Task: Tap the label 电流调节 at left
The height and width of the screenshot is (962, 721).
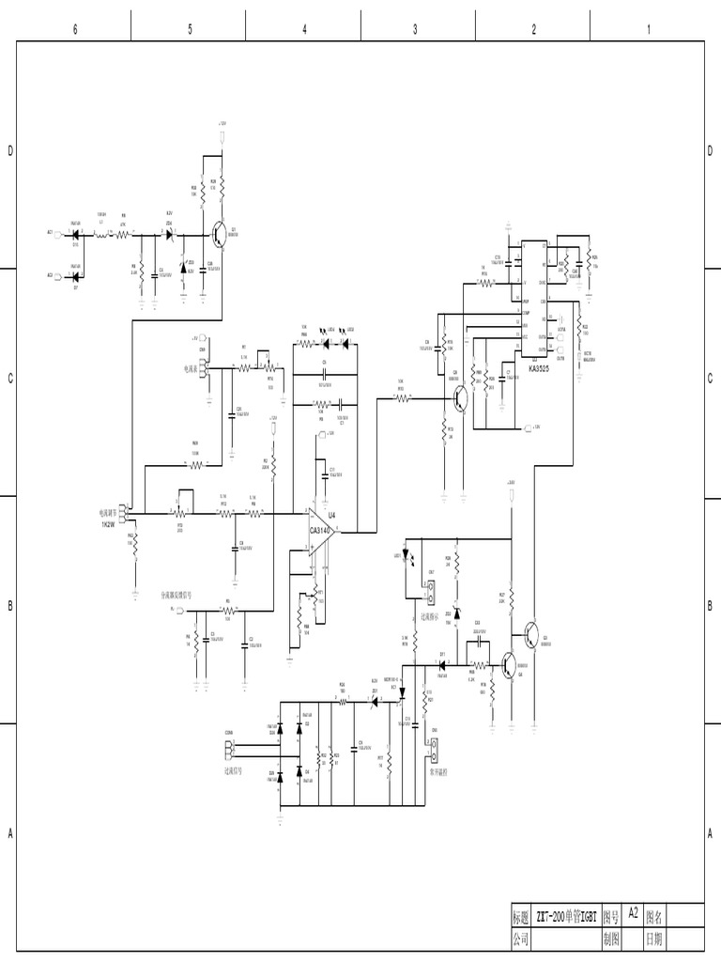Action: tap(111, 514)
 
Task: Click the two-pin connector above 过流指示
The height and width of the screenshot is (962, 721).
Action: tap(433, 593)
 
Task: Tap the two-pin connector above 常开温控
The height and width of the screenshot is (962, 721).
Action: tap(435, 750)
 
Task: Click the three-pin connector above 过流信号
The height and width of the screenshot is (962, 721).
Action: tap(231, 749)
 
